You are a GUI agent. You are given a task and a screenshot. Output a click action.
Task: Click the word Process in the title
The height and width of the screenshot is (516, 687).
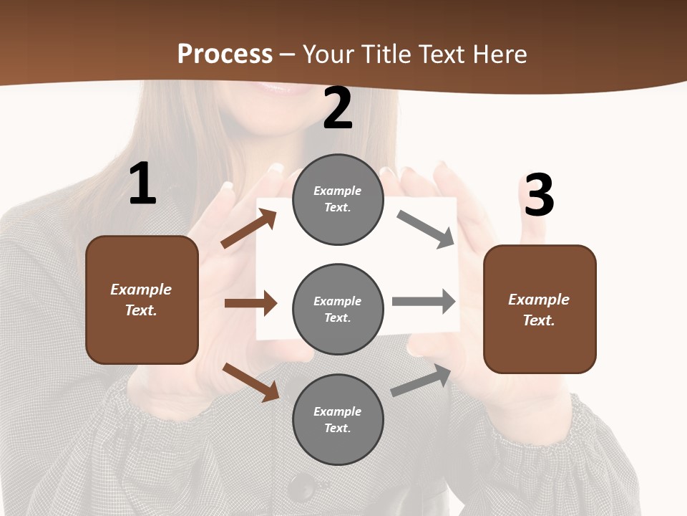click(x=225, y=54)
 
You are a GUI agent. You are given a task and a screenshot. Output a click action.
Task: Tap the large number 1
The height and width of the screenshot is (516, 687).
click(x=142, y=184)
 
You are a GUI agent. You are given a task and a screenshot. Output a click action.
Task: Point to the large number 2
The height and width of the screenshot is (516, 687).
click(x=338, y=108)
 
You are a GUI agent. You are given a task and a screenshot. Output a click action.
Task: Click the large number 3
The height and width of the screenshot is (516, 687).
click(x=539, y=196)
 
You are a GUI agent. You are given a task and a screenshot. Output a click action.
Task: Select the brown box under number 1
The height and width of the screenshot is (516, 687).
click(x=142, y=300)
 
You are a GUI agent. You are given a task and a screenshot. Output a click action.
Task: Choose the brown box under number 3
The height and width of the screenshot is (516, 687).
click(x=540, y=309)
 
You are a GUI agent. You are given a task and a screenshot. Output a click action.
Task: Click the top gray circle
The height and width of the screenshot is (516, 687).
click(x=338, y=199)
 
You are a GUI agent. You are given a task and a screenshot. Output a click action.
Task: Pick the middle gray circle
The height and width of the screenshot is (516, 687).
click(x=338, y=309)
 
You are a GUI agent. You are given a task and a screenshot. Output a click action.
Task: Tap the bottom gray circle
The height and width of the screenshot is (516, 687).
click(x=338, y=419)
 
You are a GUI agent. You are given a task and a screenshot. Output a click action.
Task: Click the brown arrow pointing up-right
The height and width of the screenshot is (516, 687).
click(x=248, y=229)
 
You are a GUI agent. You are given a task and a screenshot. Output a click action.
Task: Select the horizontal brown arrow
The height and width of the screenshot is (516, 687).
click(x=250, y=303)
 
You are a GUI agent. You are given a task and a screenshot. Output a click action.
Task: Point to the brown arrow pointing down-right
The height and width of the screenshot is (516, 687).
click(x=250, y=381)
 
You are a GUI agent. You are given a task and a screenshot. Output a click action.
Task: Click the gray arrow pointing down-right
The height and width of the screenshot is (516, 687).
click(x=426, y=229)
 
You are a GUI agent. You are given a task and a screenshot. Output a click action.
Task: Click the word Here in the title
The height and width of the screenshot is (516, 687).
click(x=499, y=54)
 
